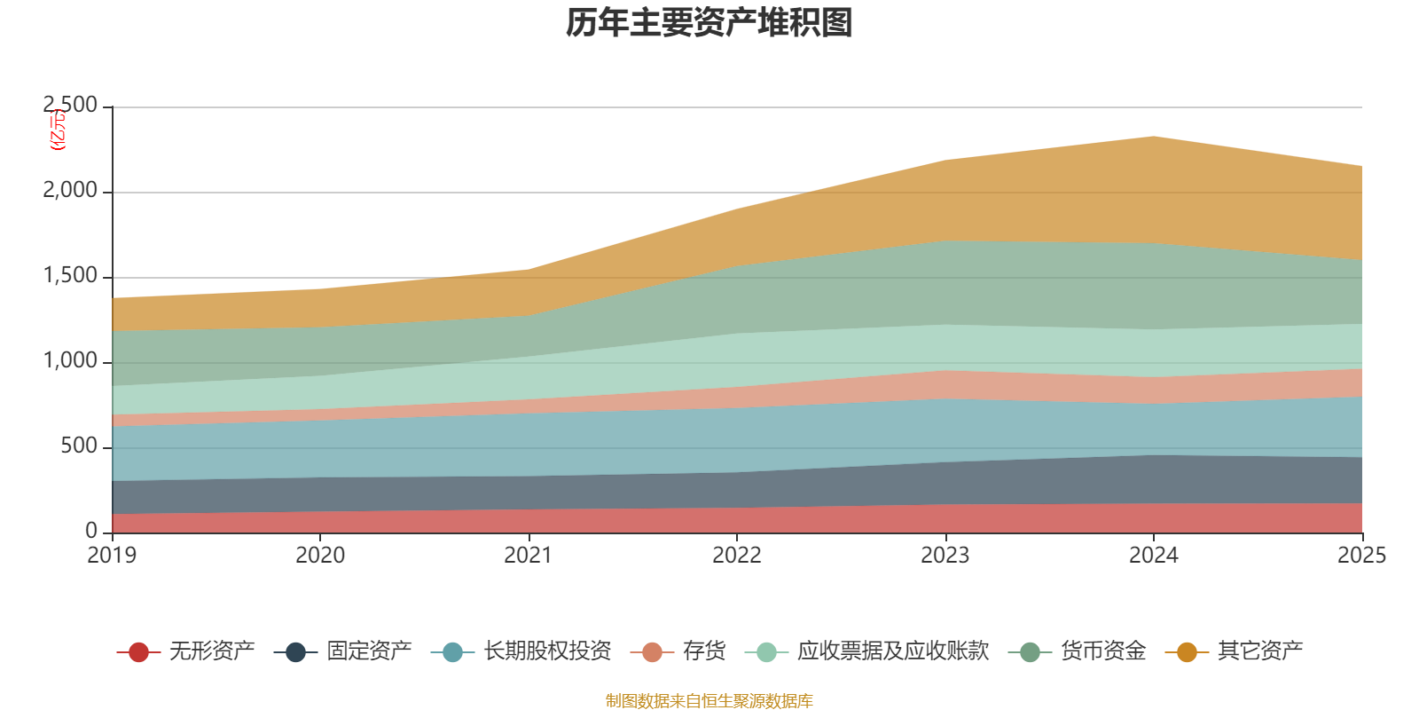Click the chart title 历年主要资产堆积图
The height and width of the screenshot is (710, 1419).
click(x=709, y=23)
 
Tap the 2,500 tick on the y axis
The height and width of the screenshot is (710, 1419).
click(x=71, y=106)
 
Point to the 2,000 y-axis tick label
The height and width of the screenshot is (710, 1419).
click(x=71, y=191)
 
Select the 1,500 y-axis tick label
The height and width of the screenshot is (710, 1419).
click(x=71, y=276)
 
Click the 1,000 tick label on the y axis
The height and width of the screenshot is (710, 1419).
click(x=71, y=361)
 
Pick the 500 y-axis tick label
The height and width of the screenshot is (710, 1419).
click(x=80, y=446)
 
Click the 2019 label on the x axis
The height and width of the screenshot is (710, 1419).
click(x=112, y=556)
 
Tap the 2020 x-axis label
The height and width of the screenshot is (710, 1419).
click(x=320, y=556)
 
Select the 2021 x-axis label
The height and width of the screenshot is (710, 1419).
click(x=529, y=556)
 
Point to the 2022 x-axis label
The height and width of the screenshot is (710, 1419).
click(x=737, y=556)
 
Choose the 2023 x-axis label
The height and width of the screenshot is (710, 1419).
click(x=945, y=556)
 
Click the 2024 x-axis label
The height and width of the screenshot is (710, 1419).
click(x=1153, y=556)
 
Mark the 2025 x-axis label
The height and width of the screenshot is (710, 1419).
click(x=1361, y=556)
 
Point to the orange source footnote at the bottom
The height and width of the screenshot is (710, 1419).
click(x=709, y=701)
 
